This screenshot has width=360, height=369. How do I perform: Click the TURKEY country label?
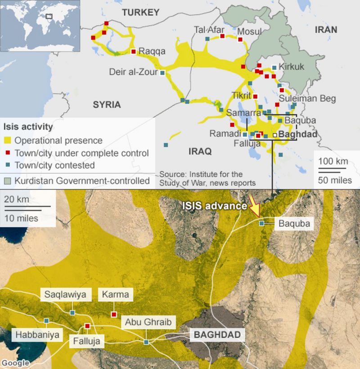click(141, 13)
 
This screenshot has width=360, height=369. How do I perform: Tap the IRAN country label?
click(325, 30)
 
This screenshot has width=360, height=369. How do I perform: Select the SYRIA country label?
click(107, 105)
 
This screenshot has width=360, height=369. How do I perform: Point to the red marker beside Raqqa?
click(133, 51)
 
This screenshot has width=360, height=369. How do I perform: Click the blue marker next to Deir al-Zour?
click(162, 72)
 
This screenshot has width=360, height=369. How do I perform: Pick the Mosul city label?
click(249, 31)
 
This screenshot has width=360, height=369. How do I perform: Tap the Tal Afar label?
click(209, 30)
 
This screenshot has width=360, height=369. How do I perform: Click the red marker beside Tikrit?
click(255, 96)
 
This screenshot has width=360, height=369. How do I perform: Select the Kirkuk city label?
click(291, 67)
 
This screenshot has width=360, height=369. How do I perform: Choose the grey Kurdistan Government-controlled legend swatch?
click(8, 181)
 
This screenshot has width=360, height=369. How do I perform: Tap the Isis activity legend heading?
click(28, 127)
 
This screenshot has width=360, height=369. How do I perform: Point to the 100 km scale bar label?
click(333, 161)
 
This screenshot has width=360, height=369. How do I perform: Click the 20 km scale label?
click(17, 199)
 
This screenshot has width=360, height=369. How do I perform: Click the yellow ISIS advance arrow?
click(254, 208)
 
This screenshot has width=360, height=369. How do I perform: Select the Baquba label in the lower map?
click(294, 223)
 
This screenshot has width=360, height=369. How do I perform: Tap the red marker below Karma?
click(114, 314)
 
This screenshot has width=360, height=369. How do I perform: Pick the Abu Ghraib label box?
click(148, 322)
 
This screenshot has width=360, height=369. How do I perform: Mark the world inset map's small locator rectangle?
click(49, 16)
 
